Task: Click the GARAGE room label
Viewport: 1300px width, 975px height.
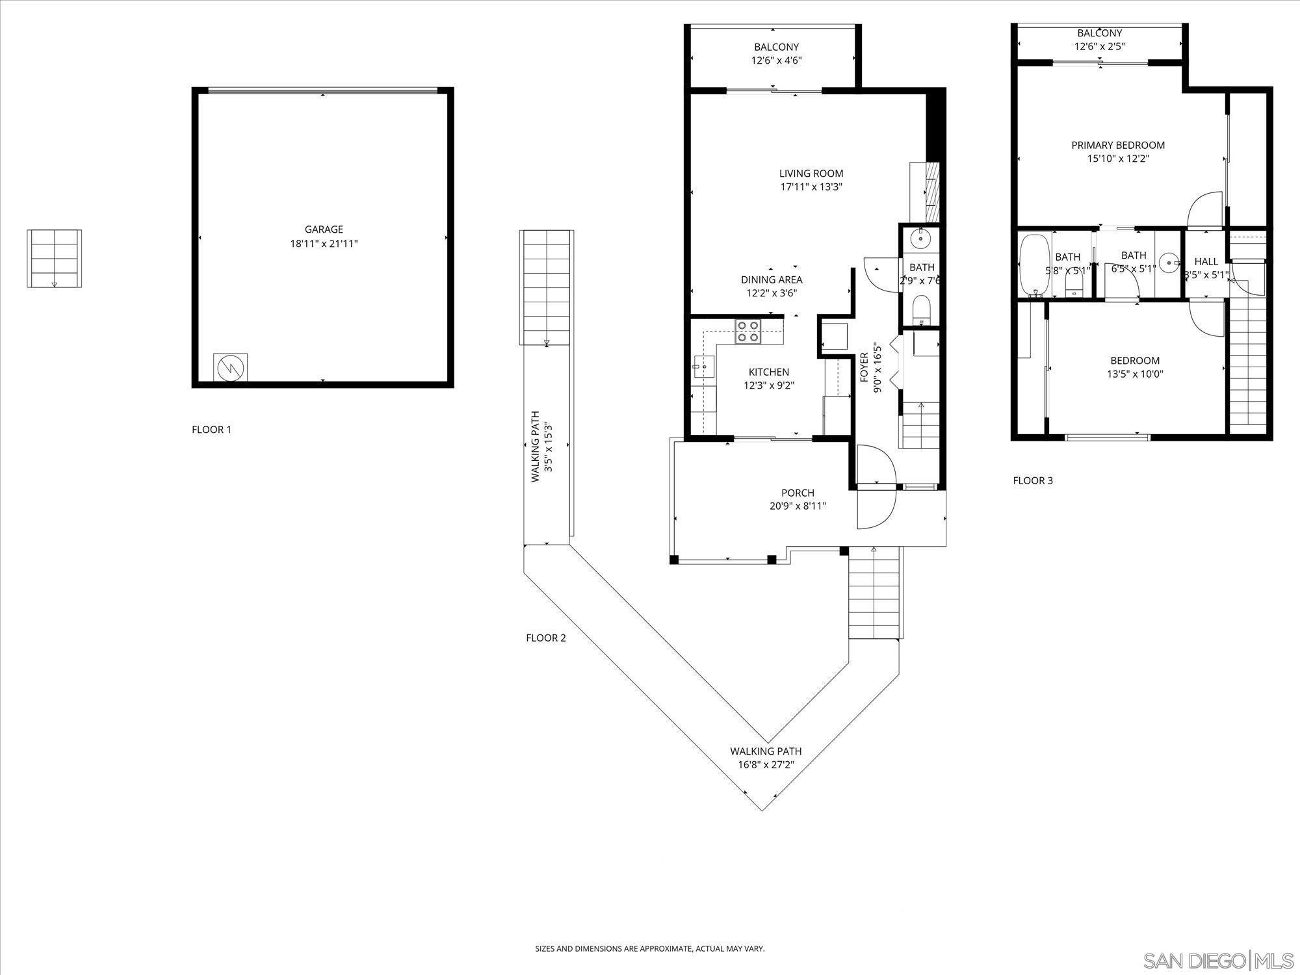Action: coord(324,229)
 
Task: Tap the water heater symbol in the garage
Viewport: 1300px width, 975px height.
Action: coord(230,369)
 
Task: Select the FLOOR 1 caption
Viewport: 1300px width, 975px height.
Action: coord(211,430)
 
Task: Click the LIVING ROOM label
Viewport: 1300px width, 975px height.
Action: coord(811,174)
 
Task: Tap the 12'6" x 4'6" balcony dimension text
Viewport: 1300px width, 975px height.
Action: coord(776,60)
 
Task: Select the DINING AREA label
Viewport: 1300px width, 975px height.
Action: coord(772,279)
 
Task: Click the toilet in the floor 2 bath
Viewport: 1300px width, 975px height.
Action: coord(922,309)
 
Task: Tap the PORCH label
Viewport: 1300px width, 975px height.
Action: coord(798,493)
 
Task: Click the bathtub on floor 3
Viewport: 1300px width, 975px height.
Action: coord(1031,266)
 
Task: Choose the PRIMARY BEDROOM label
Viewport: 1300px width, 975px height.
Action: coord(1118,146)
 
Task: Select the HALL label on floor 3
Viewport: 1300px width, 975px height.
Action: coord(1206,261)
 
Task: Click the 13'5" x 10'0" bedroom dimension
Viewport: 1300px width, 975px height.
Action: coord(1135,374)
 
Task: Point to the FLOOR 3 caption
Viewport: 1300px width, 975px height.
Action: coord(1033,481)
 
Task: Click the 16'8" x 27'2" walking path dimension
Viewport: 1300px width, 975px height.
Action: coord(766,765)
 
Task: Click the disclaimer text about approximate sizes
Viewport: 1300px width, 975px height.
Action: coord(649,948)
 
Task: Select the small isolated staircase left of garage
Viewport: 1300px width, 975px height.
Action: coord(54,258)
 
